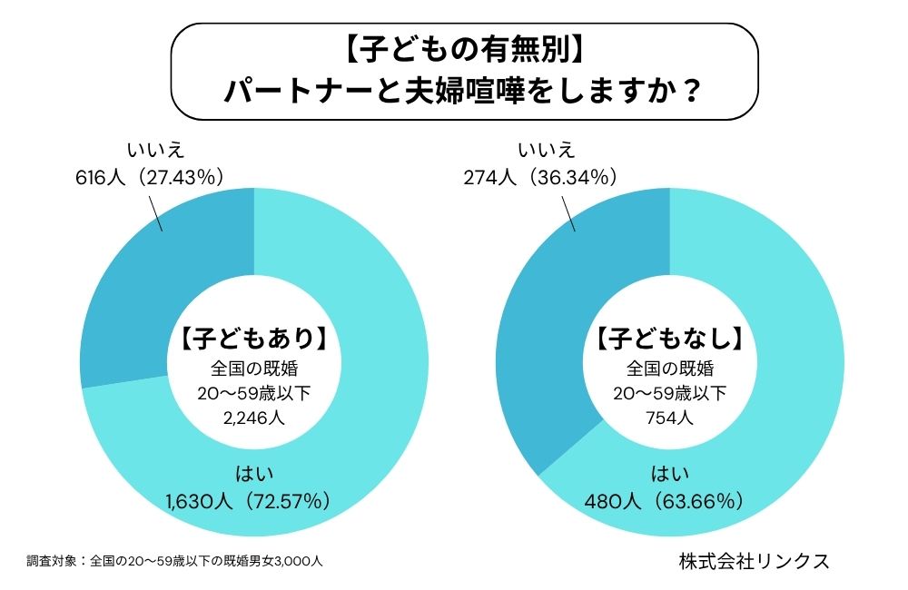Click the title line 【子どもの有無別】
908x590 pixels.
[464, 50]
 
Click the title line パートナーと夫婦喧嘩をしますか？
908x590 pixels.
[464, 92]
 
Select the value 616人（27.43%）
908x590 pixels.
[150, 178]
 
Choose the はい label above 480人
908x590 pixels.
[670, 472]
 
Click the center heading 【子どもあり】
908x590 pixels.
[253, 339]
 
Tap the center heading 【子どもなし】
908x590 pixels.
[670, 339]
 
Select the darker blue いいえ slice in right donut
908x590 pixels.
[545, 345]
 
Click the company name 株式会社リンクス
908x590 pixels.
[754, 560]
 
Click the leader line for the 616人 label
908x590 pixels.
[155, 211]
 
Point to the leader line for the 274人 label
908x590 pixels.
[569, 211]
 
